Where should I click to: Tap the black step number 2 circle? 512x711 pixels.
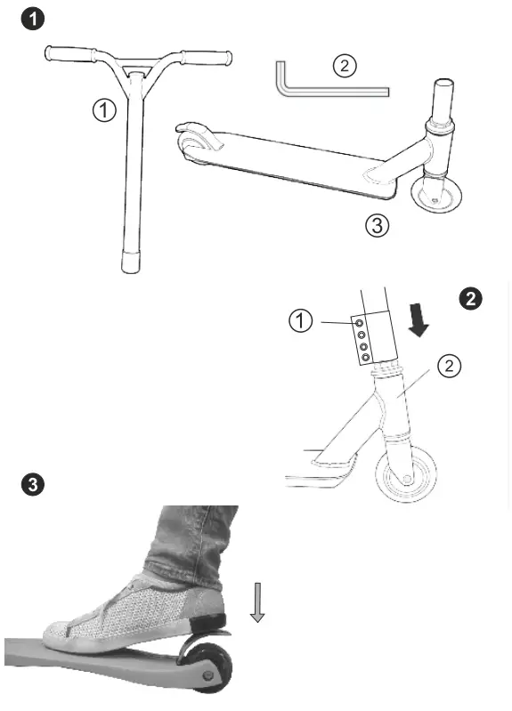click(469, 299)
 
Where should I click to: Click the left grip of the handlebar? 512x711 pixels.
click(69, 56)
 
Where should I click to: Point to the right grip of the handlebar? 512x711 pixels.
click(207, 58)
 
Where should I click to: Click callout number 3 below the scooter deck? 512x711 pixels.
click(377, 225)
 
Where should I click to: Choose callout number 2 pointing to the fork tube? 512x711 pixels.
click(450, 366)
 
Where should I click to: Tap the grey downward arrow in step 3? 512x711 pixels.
click(257, 602)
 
